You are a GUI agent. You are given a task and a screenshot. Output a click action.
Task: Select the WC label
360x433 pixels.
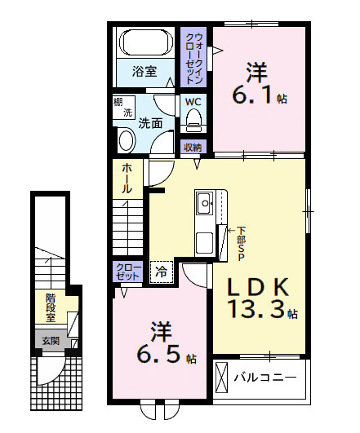pyautogui.click(x=193, y=102)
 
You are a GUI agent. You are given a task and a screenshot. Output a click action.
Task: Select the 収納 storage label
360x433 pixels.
pyautogui.click(x=193, y=148)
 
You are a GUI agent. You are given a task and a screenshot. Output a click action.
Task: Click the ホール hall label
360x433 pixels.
pyautogui.click(x=127, y=178)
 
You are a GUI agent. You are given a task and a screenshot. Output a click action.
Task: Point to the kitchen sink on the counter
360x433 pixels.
pyautogui.click(x=203, y=201)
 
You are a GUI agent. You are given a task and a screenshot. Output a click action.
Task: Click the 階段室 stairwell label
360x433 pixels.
pyautogui.click(x=51, y=308)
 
